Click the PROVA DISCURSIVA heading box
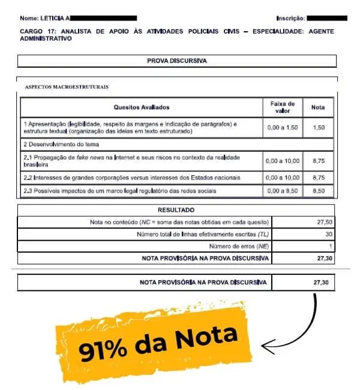176,61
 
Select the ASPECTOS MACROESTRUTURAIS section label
67,88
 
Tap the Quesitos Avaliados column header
142,107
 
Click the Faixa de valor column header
282,107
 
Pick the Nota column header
318,107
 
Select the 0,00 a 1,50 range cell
282,127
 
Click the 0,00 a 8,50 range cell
282,191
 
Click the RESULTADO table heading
176,210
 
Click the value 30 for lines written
328,234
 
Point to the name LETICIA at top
55,19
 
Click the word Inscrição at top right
290,19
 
